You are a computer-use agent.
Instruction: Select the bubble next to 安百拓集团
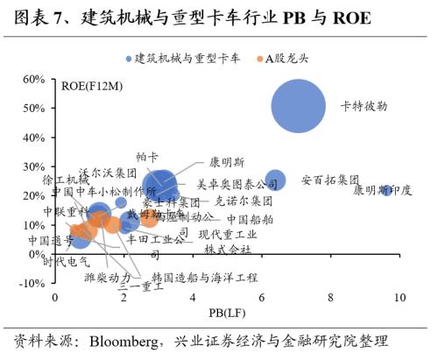[275, 180]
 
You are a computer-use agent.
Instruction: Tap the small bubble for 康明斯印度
[386, 189]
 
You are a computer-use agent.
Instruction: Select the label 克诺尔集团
[244, 201]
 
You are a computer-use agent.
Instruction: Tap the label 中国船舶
[250, 219]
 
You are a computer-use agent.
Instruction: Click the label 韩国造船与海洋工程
[205, 277]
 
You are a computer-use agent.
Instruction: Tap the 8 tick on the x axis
[331, 298]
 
